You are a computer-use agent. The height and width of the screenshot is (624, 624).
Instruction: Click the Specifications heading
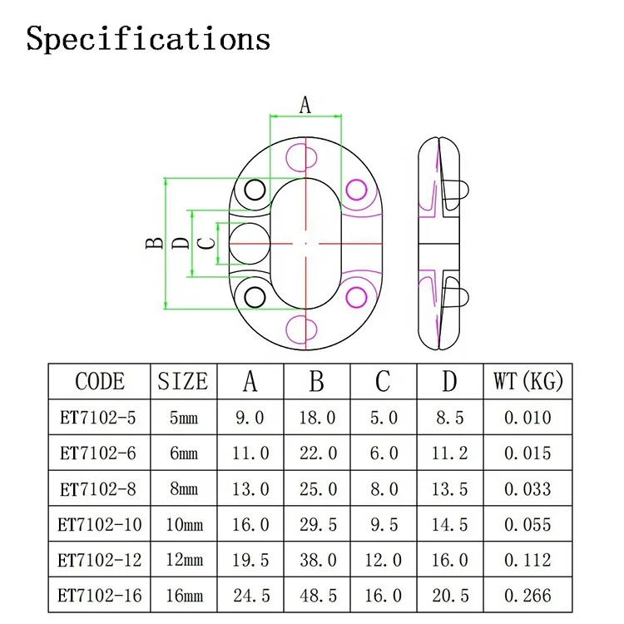[x=148, y=39]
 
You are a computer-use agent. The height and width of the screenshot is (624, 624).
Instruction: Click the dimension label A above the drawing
[x=305, y=105]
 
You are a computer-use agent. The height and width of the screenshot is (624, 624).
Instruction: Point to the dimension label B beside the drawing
[x=154, y=243]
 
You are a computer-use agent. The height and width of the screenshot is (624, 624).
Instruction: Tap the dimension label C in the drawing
[x=209, y=243]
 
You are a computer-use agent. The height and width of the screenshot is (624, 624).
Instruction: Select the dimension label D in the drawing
[x=181, y=243]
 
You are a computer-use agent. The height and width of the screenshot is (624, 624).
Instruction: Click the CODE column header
[x=100, y=382]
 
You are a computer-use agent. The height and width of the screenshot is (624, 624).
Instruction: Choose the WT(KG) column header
[x=528, y=382]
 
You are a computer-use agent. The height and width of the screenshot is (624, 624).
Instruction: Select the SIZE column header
[x=183, y=382]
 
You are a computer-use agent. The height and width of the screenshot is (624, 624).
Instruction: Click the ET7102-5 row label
[x=97, y=418]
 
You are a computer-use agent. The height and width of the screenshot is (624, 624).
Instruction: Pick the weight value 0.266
[x=527, y=596]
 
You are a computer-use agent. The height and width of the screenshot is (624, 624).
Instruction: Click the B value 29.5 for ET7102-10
[x=317, y=524]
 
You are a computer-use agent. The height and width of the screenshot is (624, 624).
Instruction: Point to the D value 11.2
[x=450, y=453]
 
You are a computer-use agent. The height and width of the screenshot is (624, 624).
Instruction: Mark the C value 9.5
[x=384, y=524]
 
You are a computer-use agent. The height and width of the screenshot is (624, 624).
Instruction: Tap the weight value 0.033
[x=527, y=489]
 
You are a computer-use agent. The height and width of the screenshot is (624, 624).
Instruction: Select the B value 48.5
[x=317, y=596]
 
